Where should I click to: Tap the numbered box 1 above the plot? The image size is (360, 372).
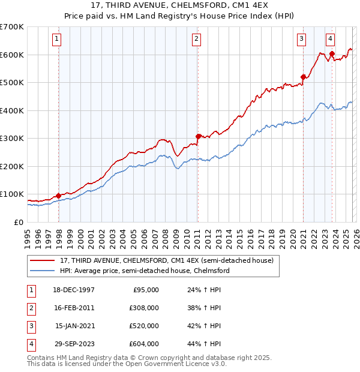(56, 40)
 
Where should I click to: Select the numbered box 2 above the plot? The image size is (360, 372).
(196, 40)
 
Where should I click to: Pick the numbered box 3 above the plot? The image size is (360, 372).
(301, 40)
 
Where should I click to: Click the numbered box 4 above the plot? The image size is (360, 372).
(330, 40)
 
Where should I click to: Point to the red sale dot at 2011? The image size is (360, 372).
(198, 136)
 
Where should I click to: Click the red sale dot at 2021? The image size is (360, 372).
(303, 77)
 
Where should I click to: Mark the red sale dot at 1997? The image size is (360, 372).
(59, 196)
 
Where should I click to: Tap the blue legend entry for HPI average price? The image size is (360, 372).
(144, 271)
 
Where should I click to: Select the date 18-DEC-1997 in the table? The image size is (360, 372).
(74, 290)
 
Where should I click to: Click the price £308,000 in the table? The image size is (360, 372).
(144, 308)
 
